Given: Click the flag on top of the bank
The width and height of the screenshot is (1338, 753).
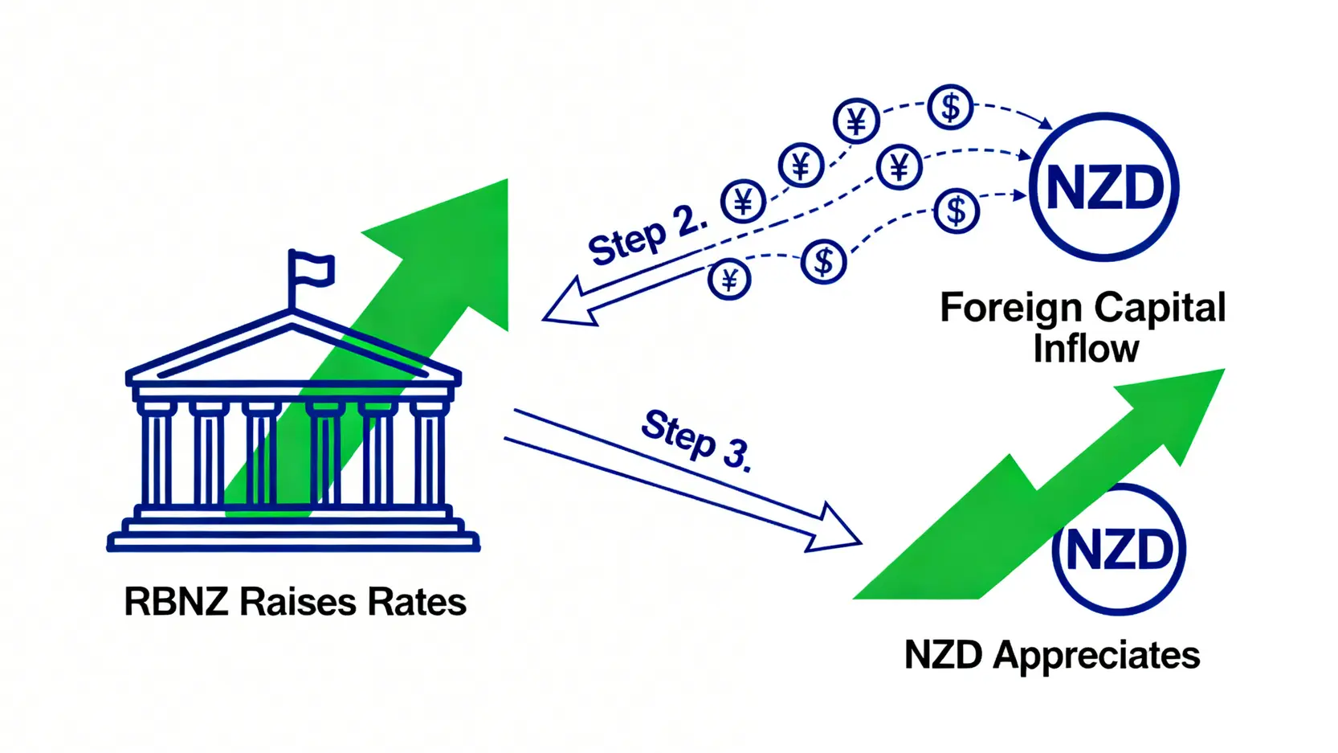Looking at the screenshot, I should pyautogui.click(x=312, y=268).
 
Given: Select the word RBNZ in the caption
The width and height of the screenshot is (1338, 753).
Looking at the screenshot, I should pyautogui.click(x=176, y=602).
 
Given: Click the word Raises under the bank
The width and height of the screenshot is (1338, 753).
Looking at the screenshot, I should pyautogui.click(x=297, y=602).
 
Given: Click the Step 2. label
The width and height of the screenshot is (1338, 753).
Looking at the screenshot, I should pyautogui.click(x=647, y=234).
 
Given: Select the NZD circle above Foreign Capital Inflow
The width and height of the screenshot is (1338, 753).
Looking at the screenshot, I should pyautogui.click(x=1104, y=187).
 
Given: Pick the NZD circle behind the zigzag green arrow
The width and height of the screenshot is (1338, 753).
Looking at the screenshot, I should pyautogui.click(x=1119, y=550).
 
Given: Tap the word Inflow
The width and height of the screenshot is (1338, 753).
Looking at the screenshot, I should pyautogui.click(x=1086, y=349).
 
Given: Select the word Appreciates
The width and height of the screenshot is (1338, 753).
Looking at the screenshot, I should pyautogui.click(x=1096, y=655).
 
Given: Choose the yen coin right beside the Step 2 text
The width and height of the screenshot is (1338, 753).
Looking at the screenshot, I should pyautogui.click(x=743, y=202).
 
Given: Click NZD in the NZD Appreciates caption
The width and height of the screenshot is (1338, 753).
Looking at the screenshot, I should pyautogui.click(x=943, y=655).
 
